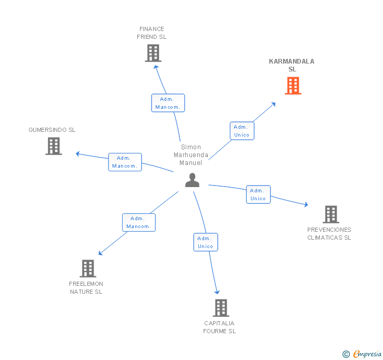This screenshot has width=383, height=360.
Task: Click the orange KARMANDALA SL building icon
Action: point(293,86)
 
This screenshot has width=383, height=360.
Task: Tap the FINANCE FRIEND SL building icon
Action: point(153,53)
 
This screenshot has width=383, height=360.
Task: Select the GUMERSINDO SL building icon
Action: point(54,146)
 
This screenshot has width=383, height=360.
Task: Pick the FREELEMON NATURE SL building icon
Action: point(87,269)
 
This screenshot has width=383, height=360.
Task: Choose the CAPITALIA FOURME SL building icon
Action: point(221,308)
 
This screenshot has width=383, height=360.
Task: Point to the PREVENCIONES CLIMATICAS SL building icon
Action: point(330,214)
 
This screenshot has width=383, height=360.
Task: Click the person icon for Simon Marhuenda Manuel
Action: point(193,180)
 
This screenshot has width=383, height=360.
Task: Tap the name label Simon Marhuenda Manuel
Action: point(191,155)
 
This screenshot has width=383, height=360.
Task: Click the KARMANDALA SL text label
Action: point(291,65)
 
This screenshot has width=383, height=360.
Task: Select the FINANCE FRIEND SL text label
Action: point(152,33)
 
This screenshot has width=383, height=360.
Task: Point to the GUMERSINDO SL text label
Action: point(52,130)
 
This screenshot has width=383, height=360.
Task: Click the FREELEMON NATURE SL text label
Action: point(86,288)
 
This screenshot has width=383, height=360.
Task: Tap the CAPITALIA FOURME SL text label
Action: point(219,327)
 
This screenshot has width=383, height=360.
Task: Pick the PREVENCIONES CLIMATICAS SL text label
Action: point(329,233)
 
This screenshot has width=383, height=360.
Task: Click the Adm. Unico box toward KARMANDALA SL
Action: point(242,131)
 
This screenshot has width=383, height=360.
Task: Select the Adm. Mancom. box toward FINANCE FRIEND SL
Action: point(168,103)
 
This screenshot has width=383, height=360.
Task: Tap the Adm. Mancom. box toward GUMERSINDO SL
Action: point(125,162)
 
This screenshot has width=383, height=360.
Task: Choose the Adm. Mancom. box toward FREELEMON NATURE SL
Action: point(139,222)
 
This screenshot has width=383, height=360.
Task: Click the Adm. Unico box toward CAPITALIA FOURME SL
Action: point(205,242)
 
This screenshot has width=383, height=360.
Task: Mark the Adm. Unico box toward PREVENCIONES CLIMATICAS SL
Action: point(258,194)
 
